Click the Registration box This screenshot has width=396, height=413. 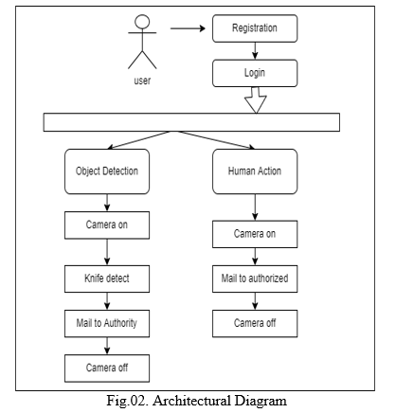click(x=255, y=28)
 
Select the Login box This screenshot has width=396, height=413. click(x=255, y=73)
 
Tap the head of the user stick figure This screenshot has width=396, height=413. click(x=142, y=22)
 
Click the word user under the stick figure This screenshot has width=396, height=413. click(x=142, y=81)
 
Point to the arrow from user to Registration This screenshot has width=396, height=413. click(x=188, y=28)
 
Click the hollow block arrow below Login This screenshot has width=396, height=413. click(x=256, y=100)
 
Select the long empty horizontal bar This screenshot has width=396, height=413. click(x=191, y=122)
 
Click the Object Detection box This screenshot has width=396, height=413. click(x=107, y=171)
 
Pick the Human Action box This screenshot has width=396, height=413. click(x=255, y=171)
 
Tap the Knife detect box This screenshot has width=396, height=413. click(x=107, y=278)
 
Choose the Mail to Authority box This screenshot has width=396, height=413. click(x=107, y=324)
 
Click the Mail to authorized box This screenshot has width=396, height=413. click(x=255, y=278)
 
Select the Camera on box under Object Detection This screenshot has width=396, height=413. click(x=107, y=225)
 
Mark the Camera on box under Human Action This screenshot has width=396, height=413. click(x=255, y=234)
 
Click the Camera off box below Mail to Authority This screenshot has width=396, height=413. click(x=107, y=368)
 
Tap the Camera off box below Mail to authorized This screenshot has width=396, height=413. click(x=255, y=324)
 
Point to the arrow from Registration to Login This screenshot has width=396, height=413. click(x=255, y=51)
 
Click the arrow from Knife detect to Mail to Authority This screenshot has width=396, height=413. click(x=107, y=301)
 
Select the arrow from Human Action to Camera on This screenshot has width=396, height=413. click(x=255, y=207)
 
